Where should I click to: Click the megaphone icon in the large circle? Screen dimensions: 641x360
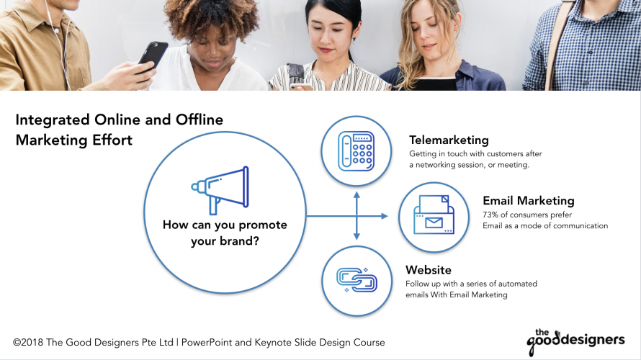coord(220,189)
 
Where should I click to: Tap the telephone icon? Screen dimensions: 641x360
coord(356,151)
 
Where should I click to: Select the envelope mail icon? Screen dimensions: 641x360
coord(434,215)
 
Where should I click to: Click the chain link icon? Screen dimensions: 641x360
coord(357,280)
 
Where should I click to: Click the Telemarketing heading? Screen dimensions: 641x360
coord(449,140)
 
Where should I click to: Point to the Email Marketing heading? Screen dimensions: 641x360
coord(529,201)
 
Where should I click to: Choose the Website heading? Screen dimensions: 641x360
coord(429,270)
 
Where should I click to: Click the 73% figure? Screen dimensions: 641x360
coord(490,215)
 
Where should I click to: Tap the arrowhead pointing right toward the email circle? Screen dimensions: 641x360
coord(384,216)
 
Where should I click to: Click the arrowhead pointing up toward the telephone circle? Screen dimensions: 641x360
coord(357,194)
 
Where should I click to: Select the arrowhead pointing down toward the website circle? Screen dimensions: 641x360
coord(357,236)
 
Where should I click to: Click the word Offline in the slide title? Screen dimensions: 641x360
coord(200,120)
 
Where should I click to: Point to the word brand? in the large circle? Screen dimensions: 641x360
coord(239,241)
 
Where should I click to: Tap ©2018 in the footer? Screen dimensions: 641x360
coord(28,343)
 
